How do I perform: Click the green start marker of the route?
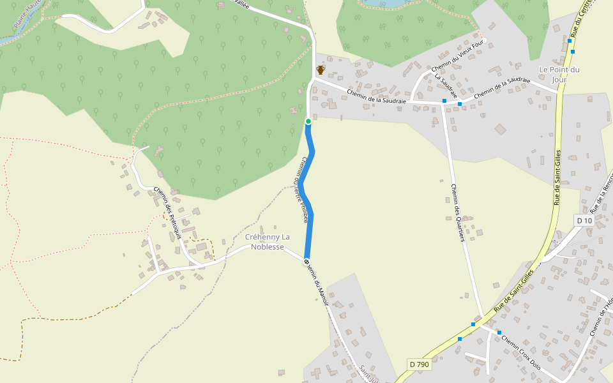(x=308, y=121)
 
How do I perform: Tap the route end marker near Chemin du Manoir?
(x=307, y=261)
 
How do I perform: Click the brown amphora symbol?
(x=321, y=70)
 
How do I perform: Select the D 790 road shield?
(x=419, y=364)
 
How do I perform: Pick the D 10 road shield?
(x=584, y=220)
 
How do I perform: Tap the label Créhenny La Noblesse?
(x=267, y=242)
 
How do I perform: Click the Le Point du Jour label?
(x=559, y=74)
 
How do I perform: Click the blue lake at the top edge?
(x=383, y=3)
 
